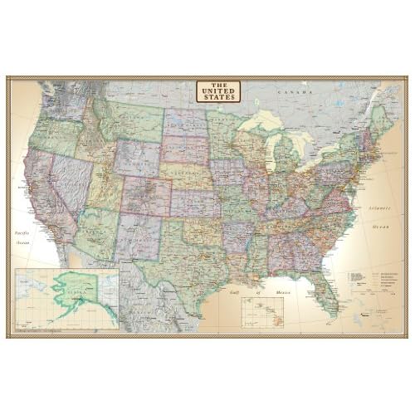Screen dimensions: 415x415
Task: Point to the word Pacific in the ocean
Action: (x=25, y=235)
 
